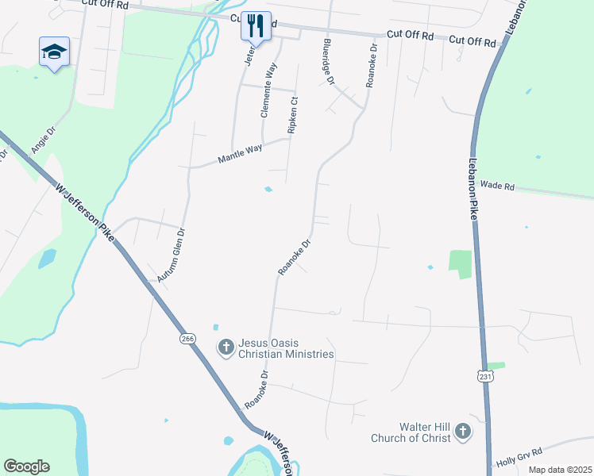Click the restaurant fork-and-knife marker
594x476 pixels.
[256, 25]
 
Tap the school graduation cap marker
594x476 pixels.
[54, 52]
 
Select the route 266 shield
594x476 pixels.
[187, 338]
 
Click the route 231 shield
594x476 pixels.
[487, 377]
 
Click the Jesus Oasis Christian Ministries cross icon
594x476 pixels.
[226, 346]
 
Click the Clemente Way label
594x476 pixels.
[268, 90]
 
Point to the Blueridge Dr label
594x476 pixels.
[329, 62]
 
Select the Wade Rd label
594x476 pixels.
[498, 186]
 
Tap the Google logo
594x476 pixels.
[26, 466]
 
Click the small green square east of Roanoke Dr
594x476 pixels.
[460, 263]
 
